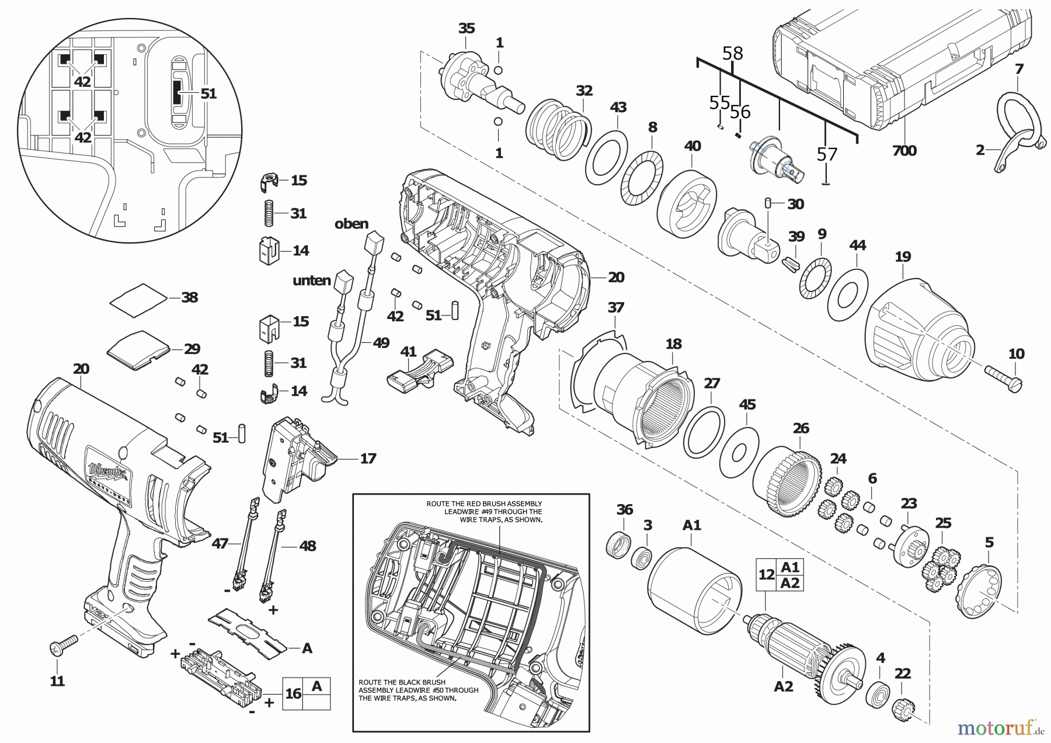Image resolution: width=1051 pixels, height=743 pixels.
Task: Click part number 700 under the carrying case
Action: point(904,151)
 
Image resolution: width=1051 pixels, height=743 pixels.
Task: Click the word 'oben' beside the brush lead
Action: point(352,224)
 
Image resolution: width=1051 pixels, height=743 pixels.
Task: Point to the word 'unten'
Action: point(311,281)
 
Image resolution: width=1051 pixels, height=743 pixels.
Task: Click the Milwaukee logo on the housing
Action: point(108,468)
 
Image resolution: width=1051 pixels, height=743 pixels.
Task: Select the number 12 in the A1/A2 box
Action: point(766,575)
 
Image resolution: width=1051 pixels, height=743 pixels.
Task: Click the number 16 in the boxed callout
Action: point(293,693)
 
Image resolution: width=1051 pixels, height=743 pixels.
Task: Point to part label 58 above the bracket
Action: point(732,53)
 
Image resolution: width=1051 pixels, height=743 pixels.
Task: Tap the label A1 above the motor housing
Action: point(691,525)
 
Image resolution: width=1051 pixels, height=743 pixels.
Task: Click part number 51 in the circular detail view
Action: point(208,93)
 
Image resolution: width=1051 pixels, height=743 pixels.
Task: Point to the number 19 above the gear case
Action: point(902,256)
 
